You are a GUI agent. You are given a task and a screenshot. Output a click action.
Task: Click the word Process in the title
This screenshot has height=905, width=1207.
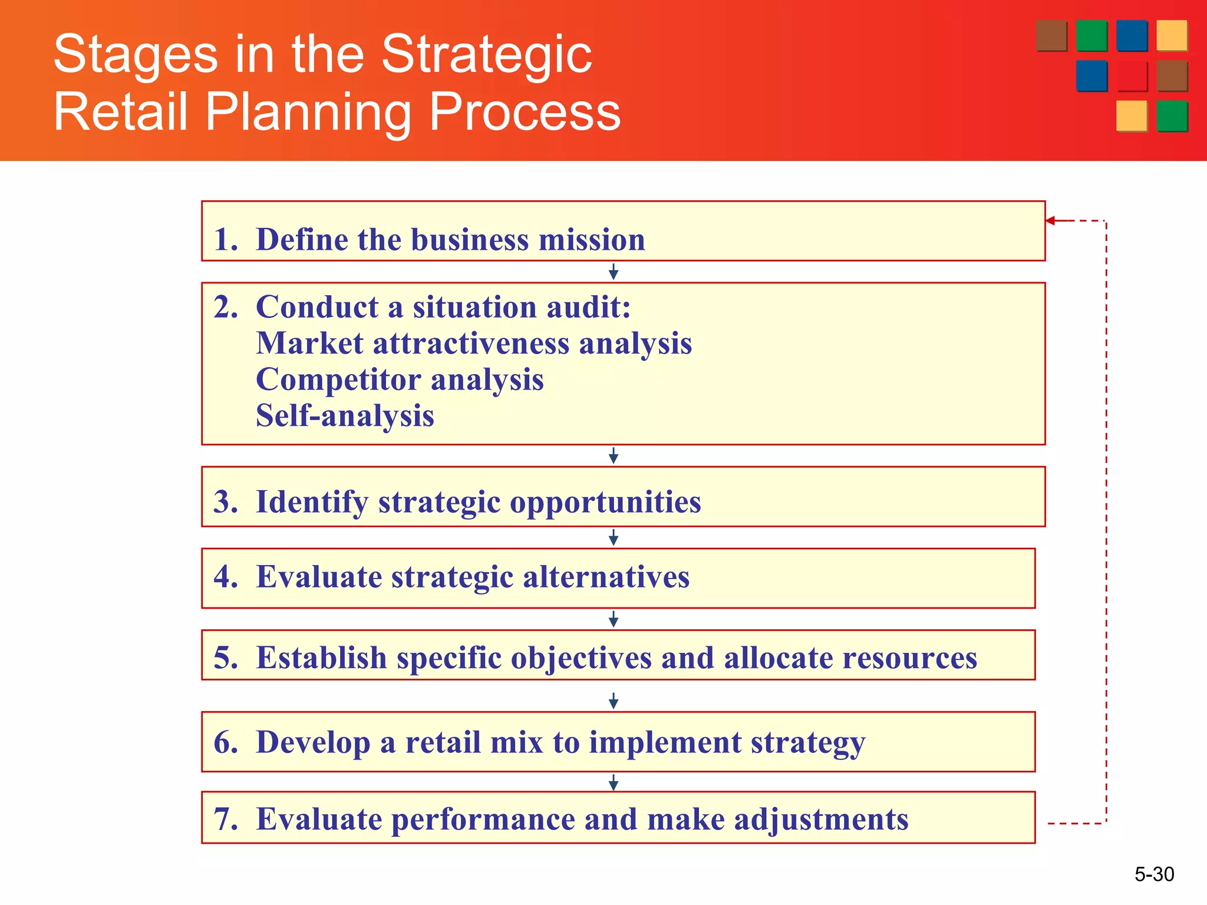pos(525,112)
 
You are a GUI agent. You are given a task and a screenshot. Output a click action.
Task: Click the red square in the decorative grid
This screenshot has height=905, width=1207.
pos(1132,77)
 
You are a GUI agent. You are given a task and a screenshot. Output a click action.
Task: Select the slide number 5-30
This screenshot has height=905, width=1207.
pos(1154,874)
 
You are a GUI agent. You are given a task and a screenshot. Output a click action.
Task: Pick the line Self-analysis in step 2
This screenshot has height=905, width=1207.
pos(345,416)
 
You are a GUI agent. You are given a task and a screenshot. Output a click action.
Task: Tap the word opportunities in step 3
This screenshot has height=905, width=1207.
pos(605,502)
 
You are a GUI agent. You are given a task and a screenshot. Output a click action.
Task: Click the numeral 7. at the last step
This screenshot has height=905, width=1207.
pos(226,819)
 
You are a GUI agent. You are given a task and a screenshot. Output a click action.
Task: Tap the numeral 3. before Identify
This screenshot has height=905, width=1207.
pos(226,502)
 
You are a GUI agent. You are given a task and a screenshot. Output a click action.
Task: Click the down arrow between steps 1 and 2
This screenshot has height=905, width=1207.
pos(613,272)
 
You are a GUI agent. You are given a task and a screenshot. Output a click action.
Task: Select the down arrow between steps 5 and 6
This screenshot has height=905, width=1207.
pos(613,701)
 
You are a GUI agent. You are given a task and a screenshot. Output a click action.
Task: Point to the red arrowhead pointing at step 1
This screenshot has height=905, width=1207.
pos(1051,221)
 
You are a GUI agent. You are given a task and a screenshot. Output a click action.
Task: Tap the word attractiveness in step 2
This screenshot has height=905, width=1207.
pos(471,343)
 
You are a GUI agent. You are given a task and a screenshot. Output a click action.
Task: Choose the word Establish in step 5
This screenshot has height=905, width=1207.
pos(321,658)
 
